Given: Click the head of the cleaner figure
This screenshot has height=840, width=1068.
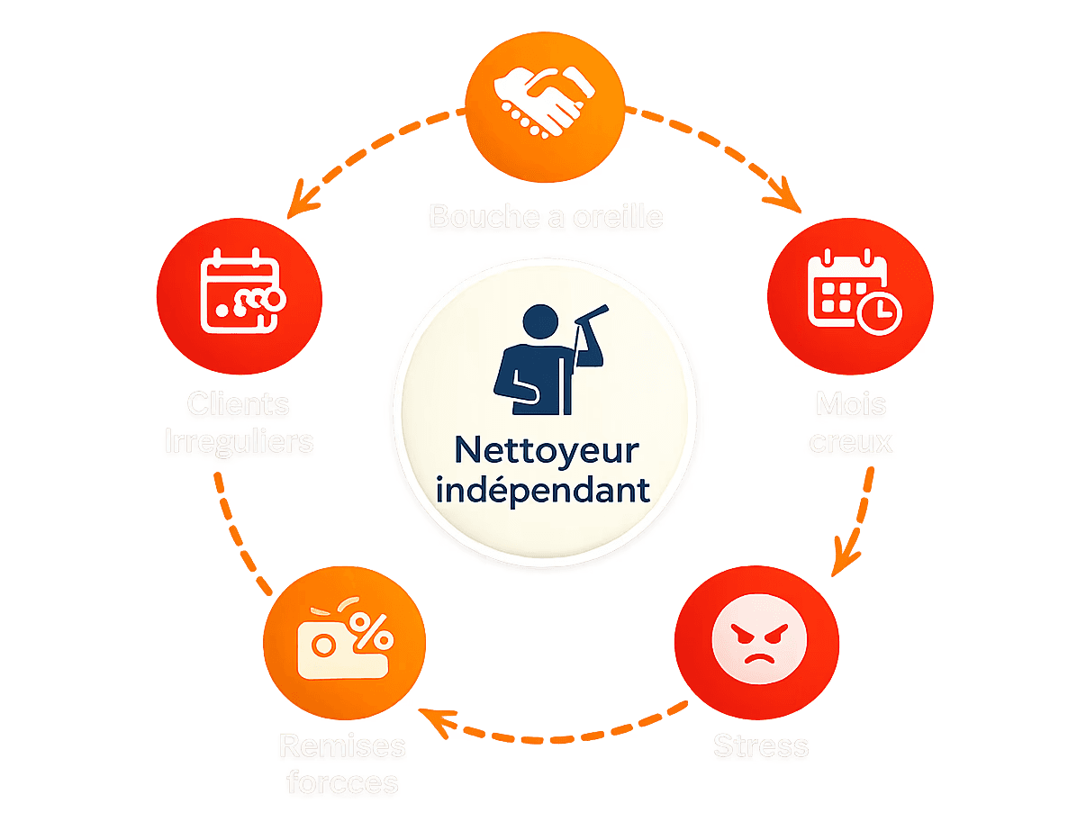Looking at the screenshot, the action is (x=540, y=321).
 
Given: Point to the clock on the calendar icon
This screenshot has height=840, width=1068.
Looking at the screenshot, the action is (x=879, y=312).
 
